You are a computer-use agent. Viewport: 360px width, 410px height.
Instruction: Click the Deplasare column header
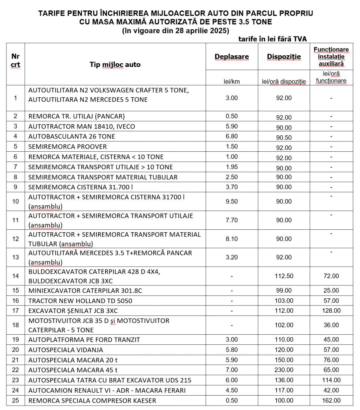(231, 57)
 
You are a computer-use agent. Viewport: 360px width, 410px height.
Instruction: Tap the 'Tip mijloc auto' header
(115, 64)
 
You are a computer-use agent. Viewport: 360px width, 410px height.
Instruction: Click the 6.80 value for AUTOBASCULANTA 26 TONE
(231, 137)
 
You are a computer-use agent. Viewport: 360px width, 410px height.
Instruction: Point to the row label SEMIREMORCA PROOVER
(68, 147)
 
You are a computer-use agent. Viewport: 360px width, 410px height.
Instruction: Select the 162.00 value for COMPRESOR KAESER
(331, 400)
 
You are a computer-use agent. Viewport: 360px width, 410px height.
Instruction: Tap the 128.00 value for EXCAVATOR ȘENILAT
(331, 311)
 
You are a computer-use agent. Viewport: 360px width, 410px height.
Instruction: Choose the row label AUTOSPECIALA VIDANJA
(66, 350)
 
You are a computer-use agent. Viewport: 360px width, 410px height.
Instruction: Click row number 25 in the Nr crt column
(16, 400)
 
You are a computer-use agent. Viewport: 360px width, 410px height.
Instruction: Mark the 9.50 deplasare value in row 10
(231, 201)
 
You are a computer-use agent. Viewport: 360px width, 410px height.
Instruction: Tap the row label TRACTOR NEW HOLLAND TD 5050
(80, 301)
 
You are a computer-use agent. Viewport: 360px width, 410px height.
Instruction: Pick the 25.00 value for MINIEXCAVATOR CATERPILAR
(331, 291)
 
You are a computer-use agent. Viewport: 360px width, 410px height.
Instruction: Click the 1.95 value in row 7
(231, 167)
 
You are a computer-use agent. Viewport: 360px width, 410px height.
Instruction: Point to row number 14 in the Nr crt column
(16, 276)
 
